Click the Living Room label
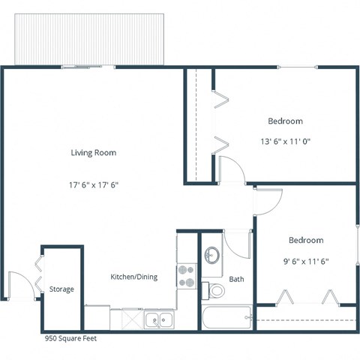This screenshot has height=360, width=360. (94, 153)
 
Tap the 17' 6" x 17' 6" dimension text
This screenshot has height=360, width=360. (94, 183)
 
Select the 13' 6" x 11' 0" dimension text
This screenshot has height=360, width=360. (285, 140)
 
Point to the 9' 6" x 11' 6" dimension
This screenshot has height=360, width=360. (306, 262)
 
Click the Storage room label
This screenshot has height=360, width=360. (61, 289)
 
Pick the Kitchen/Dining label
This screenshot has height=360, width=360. (134, 277)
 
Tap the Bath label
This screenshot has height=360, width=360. (237, 279)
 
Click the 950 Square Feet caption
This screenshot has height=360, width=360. (70, 338)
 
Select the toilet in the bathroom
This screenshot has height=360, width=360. (217, 290)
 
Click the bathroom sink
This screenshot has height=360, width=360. (212, 254)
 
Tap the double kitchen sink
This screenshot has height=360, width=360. (158, 321)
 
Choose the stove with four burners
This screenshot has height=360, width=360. (187, 276)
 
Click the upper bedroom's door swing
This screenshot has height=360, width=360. (232, 169)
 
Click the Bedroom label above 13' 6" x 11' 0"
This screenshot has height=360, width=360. (285, 121)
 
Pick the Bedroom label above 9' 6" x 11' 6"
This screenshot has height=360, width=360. (306, 241)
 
